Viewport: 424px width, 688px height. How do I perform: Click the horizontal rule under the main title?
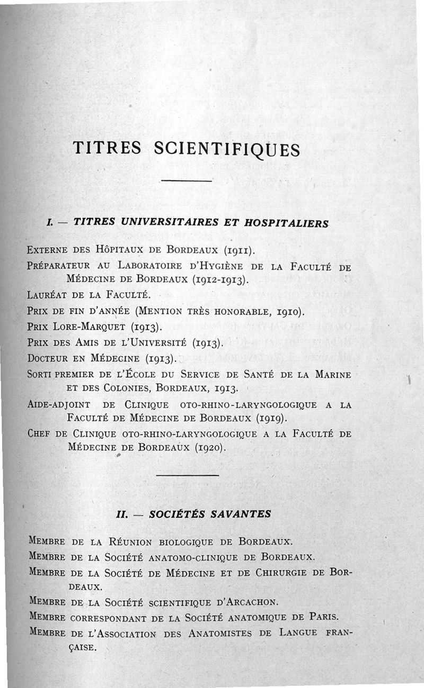pos(186,182)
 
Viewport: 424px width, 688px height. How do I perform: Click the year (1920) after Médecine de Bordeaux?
pos(210,448)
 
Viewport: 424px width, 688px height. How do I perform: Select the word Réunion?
pos(130,542)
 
